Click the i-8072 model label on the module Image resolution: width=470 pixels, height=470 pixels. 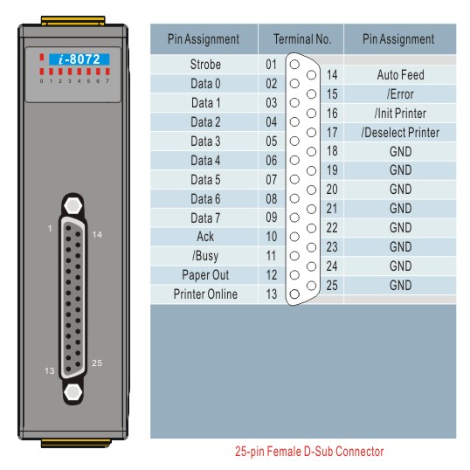[x=79, y=59]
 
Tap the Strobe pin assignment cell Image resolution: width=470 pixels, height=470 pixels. [x=205, y=65]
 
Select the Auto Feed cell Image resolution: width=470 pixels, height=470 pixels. [x=400, y=75]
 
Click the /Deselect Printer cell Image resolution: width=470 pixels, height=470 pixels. [x=400, y=133]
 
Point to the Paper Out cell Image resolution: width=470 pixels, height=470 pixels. [x=205, y=275]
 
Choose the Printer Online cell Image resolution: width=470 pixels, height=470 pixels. [x=205, y=294]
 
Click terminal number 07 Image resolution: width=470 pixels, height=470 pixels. [x=272, y=180]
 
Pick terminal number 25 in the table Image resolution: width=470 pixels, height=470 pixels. [x=332, y=286]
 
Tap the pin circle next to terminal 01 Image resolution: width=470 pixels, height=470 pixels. [x=294, y=65]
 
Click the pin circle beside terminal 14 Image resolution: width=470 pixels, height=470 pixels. [x=311, y=75]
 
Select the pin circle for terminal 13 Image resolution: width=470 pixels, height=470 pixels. [x=294, y=294]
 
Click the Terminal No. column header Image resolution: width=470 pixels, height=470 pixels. [x=302, y=39]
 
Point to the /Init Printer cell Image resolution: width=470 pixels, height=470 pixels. [x=400, y=114]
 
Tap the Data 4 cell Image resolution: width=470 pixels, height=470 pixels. [x=205, y=161]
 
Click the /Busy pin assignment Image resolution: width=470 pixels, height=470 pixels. [x=205, y=256]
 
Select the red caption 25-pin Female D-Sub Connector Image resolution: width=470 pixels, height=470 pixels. [x=309, y=452]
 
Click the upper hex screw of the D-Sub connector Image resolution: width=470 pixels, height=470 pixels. [x=73, y=205]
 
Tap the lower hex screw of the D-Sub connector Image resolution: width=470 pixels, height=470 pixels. [x=73, y=392]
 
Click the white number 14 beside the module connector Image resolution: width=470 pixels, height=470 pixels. [x=97, y=235]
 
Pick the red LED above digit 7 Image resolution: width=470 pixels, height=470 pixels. [x=107, y=72]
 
